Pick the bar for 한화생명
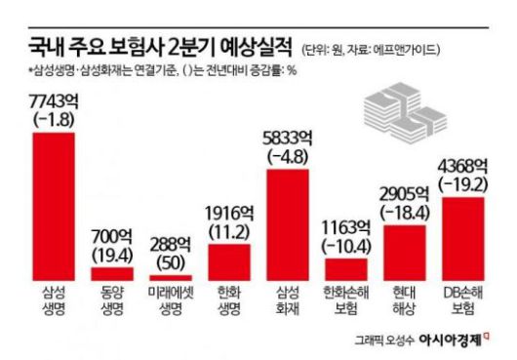[229, 262]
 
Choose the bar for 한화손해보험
[346, 269]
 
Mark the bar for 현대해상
[405, 253]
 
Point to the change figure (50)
[170, 260]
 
